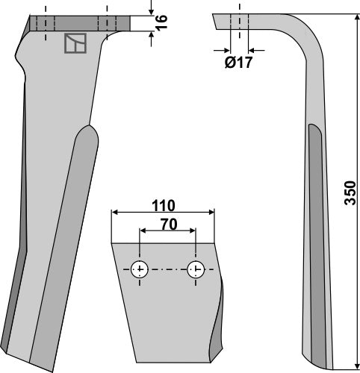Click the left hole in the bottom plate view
(x=139, y=269)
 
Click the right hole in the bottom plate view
(x=195, y=269)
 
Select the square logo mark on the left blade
(x=75, y=44)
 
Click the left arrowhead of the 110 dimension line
(x=114, y=213)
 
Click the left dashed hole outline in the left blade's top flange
(x=45, y=24)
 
